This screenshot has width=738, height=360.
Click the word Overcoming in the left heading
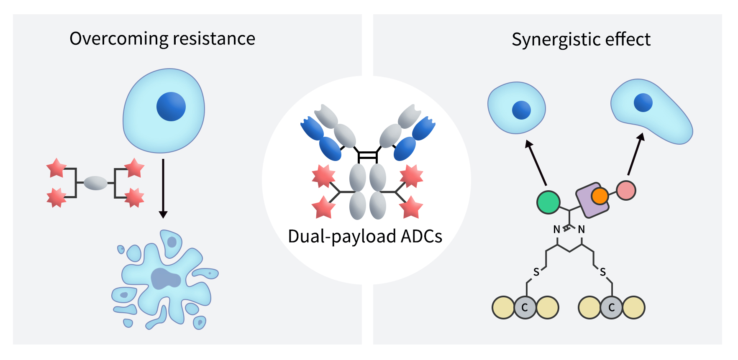[119, 39]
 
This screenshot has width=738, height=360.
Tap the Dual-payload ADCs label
[365, 236]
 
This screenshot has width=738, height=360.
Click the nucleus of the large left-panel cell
[171, 107]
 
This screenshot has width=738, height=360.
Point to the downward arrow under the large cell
[163, 188]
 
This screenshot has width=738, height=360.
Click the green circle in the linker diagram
[548, 202]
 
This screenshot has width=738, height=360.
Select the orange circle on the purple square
[600, 196]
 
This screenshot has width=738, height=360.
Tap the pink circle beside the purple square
[626, 190]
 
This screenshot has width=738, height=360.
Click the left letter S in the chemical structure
[536, 272]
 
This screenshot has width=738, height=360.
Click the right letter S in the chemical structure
[602, 272]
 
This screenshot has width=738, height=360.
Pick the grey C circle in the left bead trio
[525, 308]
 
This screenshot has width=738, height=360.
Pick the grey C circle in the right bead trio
[611, 308]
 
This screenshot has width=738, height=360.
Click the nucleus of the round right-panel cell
[521, 110]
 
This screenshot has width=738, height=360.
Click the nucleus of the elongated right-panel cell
[643, 102]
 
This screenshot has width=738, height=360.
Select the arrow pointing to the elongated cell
[635, 155]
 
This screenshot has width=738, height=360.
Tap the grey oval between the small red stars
[96, 183]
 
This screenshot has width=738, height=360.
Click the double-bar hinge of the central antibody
[367, 156]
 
